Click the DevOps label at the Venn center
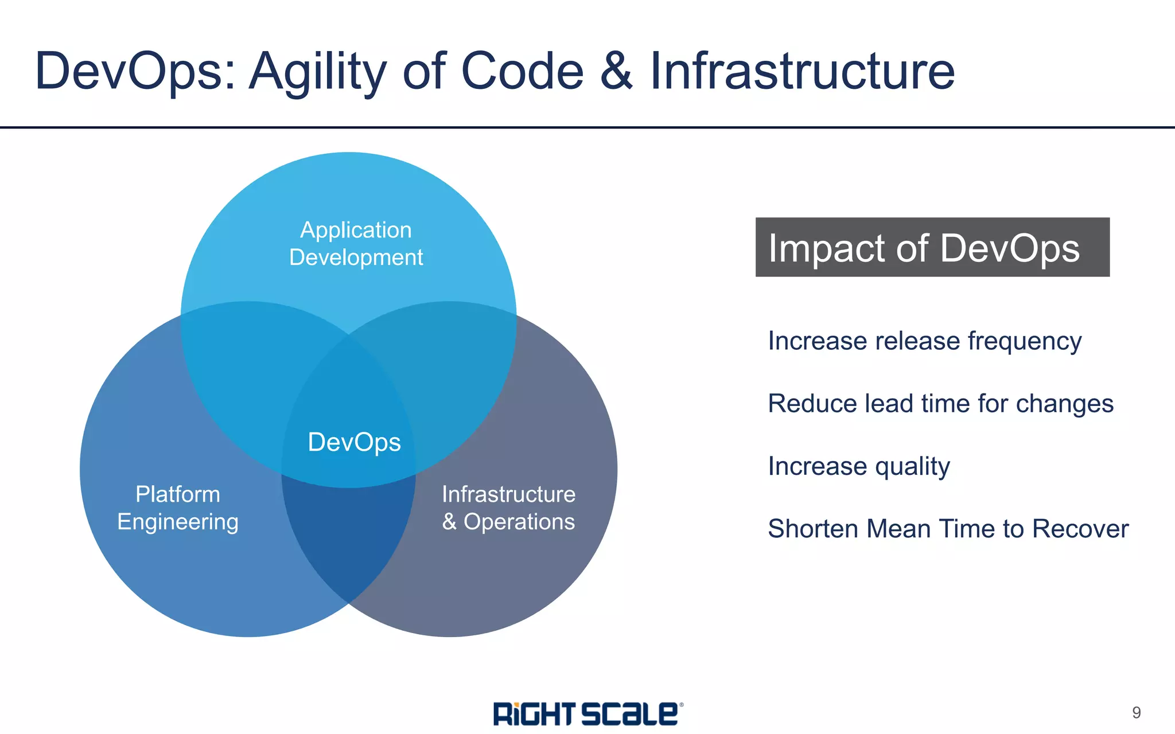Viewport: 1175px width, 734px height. tap(354, 442)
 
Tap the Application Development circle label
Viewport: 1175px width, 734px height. tap(356, 244)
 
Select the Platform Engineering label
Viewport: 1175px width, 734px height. tap(178, 508)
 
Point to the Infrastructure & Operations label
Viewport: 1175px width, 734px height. tap(508, 508)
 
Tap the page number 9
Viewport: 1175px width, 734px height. tap(1136, 713)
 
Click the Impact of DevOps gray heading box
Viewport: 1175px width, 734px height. tap(932, 247)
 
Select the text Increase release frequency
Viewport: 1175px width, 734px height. tap(924, 341)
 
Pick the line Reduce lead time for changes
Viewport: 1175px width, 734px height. tap(940, 404)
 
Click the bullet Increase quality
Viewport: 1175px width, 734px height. tap(859, 466)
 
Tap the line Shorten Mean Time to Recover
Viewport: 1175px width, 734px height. tap(948, 529)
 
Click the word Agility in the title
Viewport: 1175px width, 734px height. tap(318, 72)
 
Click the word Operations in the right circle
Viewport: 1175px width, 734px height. tap(519, 522)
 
